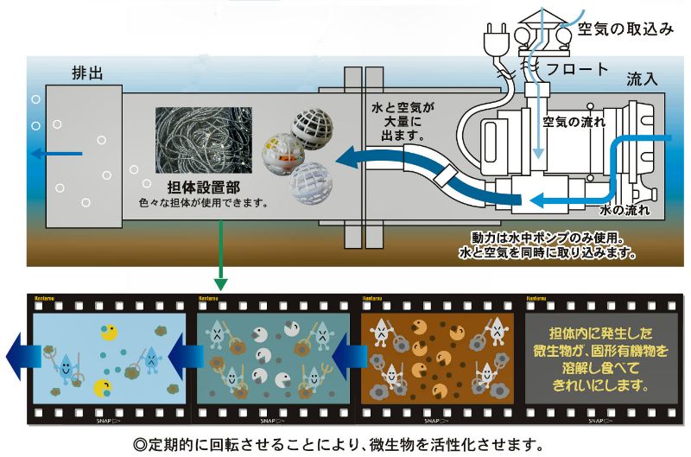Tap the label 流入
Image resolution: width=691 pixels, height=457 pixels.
pos(642,79)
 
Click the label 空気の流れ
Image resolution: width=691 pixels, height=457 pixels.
pos(572,122)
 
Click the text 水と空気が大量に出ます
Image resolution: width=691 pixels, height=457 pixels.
pos(399,121)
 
